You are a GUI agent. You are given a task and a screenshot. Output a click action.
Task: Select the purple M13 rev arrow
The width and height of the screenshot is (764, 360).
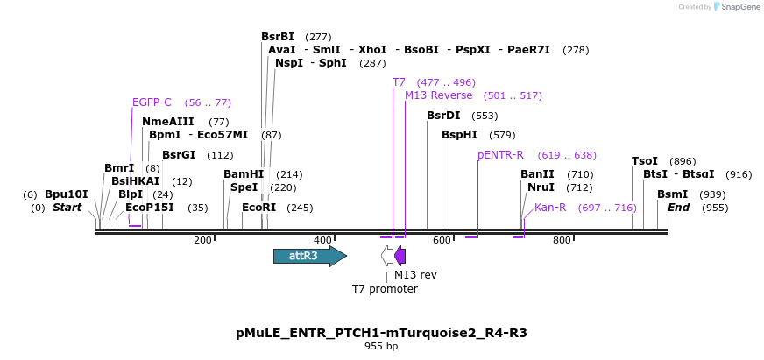[x=400, y=256]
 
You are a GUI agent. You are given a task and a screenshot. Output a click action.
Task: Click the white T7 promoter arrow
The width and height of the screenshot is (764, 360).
[x=387, y=256]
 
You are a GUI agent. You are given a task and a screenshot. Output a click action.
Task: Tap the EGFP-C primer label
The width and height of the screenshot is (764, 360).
[x=152, y=102]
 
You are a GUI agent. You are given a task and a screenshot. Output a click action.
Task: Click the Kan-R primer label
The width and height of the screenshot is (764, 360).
[x=550, y=208]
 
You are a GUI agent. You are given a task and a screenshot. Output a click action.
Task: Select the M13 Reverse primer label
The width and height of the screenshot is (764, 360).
[x=438, y=95]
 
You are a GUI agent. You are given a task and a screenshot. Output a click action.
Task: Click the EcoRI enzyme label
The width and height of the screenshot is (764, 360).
[x=258, y=208]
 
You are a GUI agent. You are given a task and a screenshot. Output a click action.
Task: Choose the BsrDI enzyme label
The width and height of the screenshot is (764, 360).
[x=443, y=116]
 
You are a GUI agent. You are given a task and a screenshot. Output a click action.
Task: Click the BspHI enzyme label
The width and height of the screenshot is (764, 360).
[x=459, y=135]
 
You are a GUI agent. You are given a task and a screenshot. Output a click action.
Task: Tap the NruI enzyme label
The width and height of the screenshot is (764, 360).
[x=541, y=187]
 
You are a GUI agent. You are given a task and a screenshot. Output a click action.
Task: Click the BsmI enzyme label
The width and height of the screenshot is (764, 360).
[x=672, y=194]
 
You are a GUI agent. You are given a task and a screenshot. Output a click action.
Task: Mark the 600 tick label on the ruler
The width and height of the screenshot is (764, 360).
[x=442, y=241]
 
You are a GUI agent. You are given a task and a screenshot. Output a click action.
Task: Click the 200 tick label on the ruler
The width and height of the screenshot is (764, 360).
[x=202, y=241]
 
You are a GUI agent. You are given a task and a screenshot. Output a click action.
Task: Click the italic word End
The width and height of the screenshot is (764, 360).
[x=679, y=208]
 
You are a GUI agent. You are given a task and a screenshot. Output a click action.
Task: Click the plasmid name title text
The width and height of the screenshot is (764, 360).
[x=381, y=333]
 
